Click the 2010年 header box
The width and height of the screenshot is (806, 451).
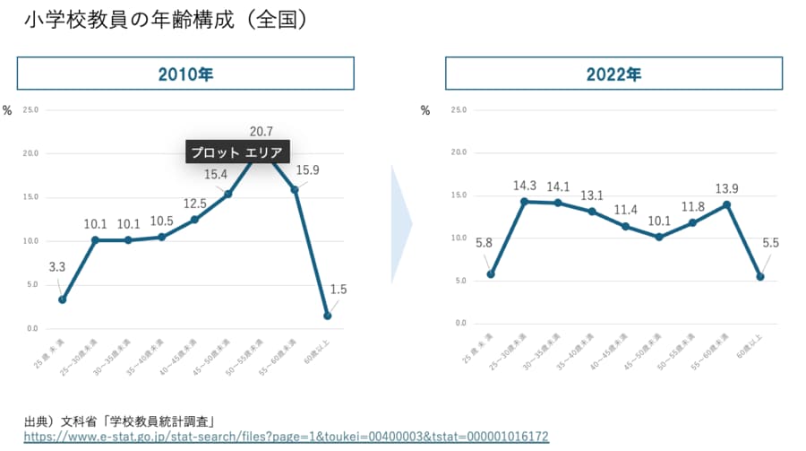coord(185,74)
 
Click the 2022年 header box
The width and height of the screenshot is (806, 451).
coord(613,74)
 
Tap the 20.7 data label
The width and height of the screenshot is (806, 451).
coord(262,132)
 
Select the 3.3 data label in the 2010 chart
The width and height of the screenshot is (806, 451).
coord(56,266)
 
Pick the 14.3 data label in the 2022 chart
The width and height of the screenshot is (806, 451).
coord(525,186)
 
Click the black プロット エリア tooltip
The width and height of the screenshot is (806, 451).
coord(239,152)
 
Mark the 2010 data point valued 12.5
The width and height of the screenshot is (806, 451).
coord(194,220)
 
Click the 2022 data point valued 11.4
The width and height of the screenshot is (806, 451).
coord(625,226)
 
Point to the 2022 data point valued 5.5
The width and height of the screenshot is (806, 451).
coord(760,277)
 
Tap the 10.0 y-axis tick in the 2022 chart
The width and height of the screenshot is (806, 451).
coord(460,238)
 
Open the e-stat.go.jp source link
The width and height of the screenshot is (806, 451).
coord(286,437)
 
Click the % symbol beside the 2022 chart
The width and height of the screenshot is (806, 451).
coord(425,110)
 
